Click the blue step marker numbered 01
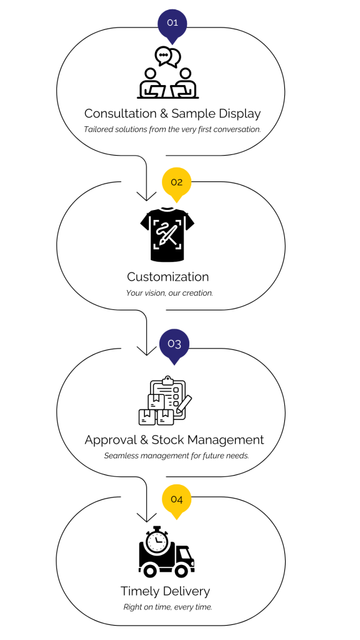(x=172, y=24)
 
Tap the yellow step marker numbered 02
(x=176, y=183)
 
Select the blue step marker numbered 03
(x=174, y=345)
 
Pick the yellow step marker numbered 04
(x=176, y=500)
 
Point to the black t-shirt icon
(x=167, y=234)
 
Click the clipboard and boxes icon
(x=165, y=401)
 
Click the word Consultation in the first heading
(x=121, y=113)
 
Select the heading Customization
(x=167, y=277)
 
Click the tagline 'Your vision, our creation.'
(x=169, y=293)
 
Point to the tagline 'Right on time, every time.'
(x=167, y=607)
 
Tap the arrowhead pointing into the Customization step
(x=146, y=196)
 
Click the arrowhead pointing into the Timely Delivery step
(x=146, y=517)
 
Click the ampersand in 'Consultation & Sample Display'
(x=164, y=114)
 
